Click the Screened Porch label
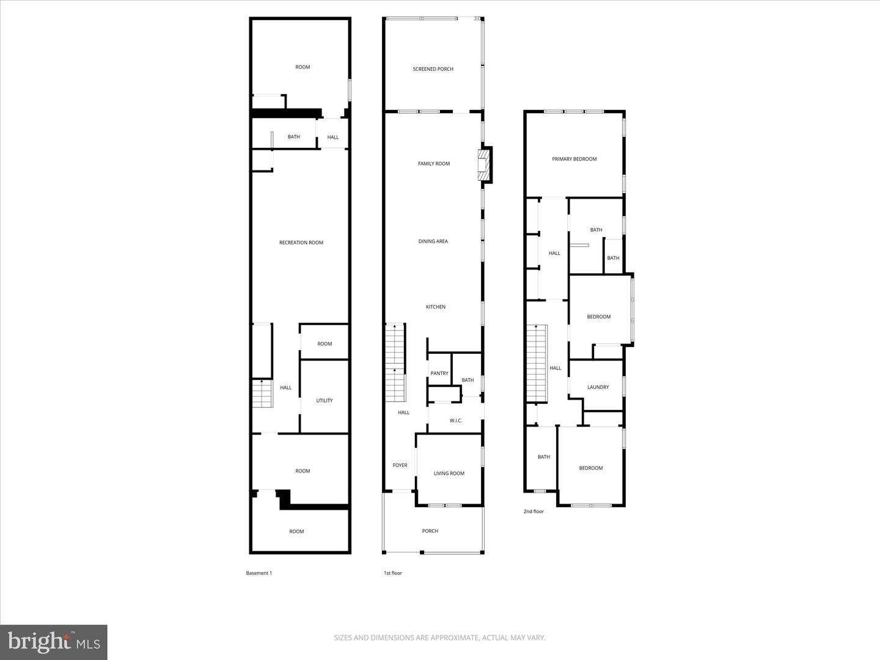[433, 69]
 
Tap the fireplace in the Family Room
[484, 165]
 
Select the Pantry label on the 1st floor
[439, 373]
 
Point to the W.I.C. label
[456, 420]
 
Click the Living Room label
[449, 473]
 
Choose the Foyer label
[400, 465]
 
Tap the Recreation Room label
[301, 243]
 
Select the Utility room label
[324, 400]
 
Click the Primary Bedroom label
[574, 159]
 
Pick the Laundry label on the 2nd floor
[598, 387]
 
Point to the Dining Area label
[433, 241]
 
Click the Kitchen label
[436, 307]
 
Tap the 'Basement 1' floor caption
[259, 573]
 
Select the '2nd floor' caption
[533, 512]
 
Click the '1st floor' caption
[393, 573]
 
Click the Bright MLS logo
[54, 642]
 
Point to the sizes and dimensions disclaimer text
[439, 638]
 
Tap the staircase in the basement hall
[262, 394]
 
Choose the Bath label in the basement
[294, 137]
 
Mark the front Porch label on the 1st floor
[430, 531]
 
